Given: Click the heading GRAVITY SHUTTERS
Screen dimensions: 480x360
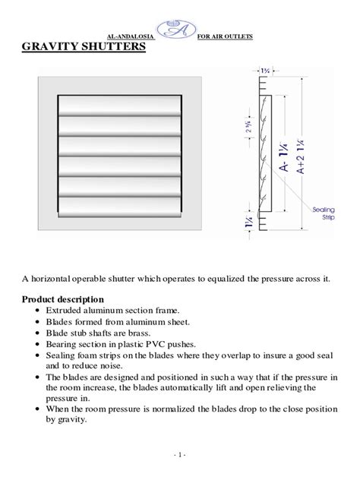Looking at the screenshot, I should [83, 47].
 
